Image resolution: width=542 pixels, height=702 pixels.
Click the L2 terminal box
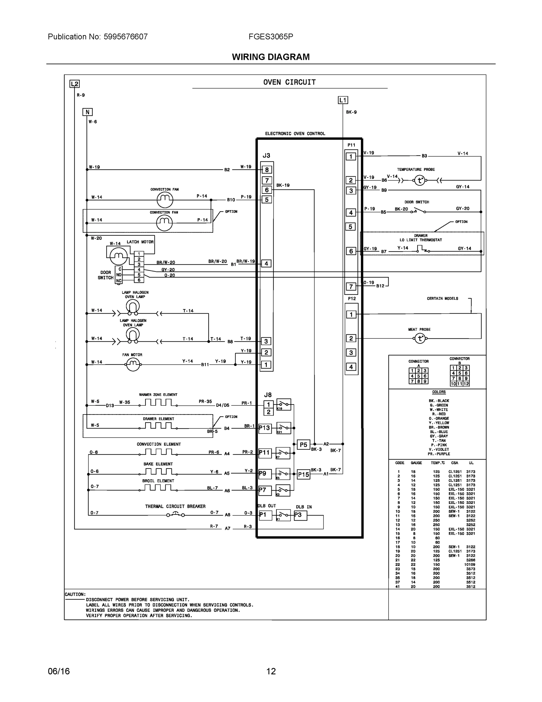75,84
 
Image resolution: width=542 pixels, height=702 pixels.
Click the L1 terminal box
343,100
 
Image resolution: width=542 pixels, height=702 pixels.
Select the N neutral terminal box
87,112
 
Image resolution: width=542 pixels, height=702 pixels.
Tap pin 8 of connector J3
267,170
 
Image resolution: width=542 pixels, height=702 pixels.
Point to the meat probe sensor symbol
420,338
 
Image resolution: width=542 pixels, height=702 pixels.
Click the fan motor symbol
133,364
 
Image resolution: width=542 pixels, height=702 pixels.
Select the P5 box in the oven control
303,445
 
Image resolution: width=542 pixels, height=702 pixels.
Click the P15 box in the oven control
303,474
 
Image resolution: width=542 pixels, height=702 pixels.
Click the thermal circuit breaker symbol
175,515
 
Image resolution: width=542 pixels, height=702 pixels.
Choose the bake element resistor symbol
158,472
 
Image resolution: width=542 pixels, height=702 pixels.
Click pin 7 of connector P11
351,286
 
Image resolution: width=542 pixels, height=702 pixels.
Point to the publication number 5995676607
125,37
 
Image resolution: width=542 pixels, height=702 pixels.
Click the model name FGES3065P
271,37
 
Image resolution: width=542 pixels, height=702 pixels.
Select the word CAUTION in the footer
75,594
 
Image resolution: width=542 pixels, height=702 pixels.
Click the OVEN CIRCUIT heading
289,82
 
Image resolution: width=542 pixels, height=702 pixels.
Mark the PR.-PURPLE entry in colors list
439,454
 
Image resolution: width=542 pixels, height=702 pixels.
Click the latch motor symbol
119,256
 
